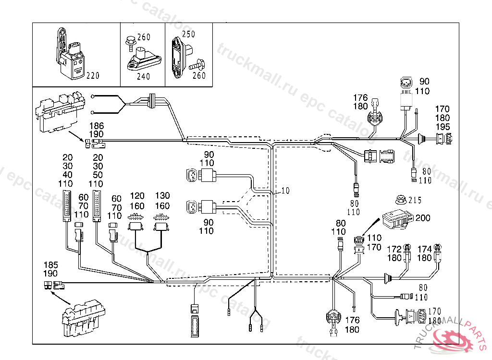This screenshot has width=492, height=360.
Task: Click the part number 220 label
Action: (93, 75)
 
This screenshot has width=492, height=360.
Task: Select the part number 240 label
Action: (143, 76)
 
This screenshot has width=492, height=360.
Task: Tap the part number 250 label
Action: (189, 34)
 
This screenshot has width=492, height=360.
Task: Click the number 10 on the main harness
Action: (285, 191)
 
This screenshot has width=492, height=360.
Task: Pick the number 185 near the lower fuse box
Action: (50, 264)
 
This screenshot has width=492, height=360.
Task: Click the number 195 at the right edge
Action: (443, 126)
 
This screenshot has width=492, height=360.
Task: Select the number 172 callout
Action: (394, 249)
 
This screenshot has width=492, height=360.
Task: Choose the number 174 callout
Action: (424, 249)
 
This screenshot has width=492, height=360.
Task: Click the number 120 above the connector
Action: (137, 196)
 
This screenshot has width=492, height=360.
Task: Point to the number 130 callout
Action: (163, 196)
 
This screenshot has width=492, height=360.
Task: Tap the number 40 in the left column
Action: (68, 175)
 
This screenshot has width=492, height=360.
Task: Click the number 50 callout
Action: (98, 175)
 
